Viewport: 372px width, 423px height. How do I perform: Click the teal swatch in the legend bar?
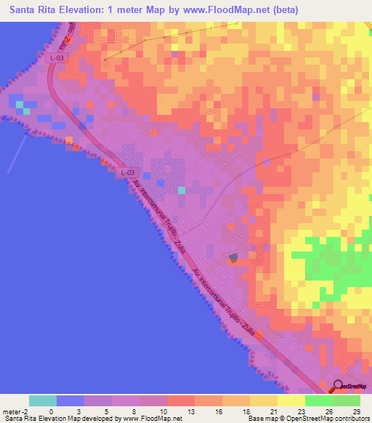point(43,400)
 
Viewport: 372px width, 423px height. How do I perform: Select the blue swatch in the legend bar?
point(70,400)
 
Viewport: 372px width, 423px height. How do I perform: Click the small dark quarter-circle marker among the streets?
point(232,257)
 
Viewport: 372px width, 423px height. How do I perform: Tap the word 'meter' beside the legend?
point(10,411)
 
